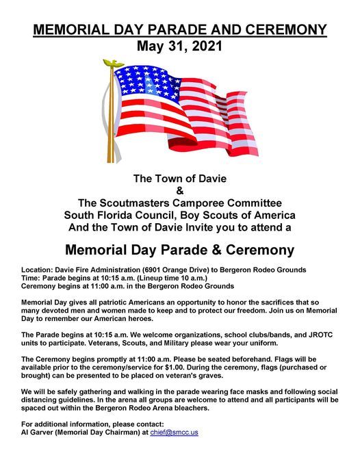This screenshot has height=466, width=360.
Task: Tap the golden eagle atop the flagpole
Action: pos(110,64)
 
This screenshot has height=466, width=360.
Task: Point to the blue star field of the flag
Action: pos(142,79)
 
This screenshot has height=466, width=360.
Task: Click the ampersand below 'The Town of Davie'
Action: pos(180,190)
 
